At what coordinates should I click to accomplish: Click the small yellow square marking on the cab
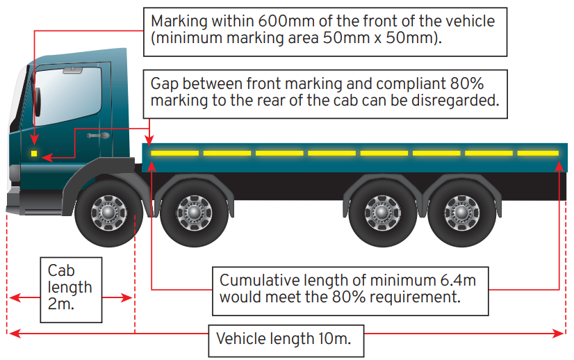(x=34, y=152)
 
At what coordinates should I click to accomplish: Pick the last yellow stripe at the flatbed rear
(x=537, y=152)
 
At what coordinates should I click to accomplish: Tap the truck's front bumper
(x=21, y=201)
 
